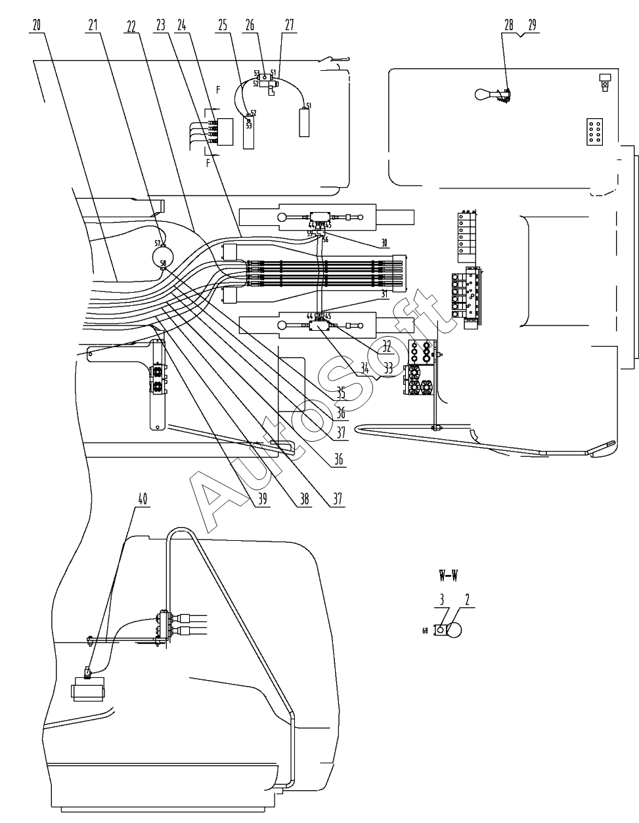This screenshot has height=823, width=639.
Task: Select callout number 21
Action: [x=93, y=25]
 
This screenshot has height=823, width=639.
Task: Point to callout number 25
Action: [x=223, y=25]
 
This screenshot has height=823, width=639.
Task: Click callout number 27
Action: [x=290, y=25]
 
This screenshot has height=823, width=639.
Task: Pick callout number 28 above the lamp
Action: [x=509, y=25]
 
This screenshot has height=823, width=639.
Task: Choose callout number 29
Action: [x=531, y=25]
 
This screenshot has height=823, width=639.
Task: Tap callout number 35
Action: [x=341, y=394]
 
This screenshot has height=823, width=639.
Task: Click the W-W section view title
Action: [x=448, y=576]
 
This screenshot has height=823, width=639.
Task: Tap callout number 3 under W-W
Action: [x=443, y=599]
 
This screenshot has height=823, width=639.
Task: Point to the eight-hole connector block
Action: [x=596, y=131]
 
